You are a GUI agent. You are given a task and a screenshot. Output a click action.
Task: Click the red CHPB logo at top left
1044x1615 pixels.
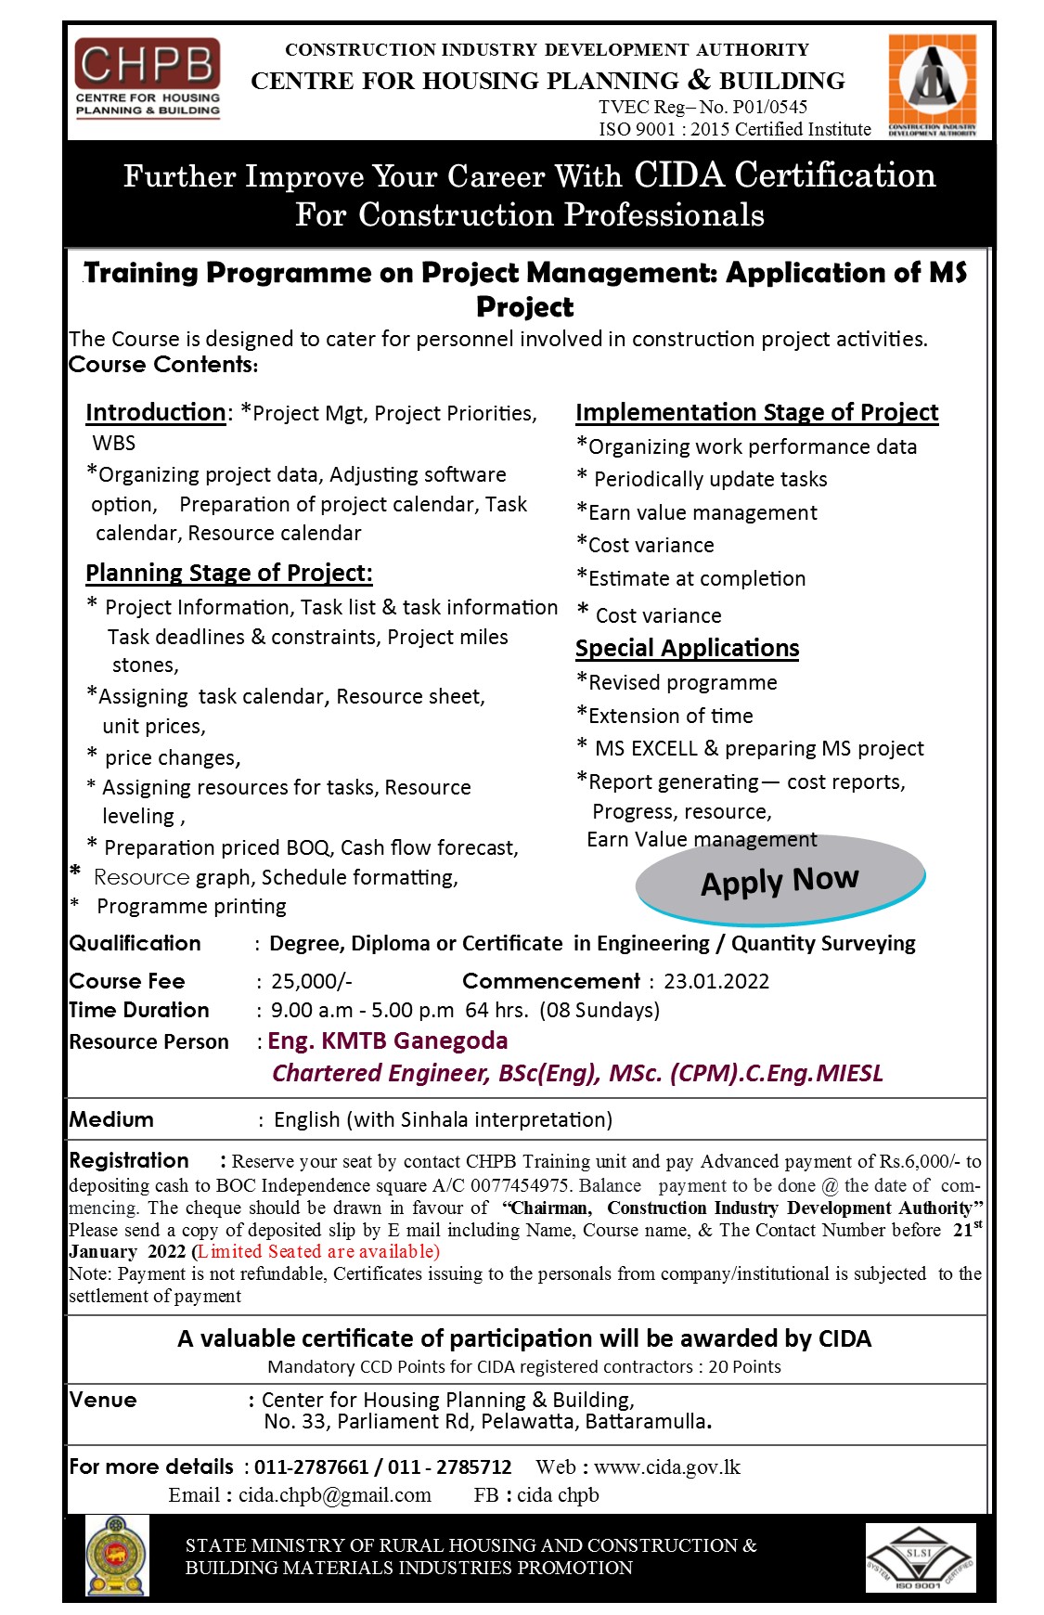[148, 78]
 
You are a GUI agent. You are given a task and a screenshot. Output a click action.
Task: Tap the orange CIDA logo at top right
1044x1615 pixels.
[932, 84]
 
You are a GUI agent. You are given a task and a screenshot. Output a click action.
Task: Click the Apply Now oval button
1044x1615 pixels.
[780, 880]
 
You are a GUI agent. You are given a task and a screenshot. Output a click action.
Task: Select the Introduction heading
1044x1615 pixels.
[155, 412]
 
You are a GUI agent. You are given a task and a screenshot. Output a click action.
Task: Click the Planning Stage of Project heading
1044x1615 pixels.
[228, 573]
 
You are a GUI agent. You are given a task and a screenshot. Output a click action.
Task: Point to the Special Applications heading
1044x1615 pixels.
[687, 648]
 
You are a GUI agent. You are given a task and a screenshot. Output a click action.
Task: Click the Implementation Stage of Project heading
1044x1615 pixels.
[756, 412]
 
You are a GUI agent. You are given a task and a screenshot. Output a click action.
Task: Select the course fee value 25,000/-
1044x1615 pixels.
[311, 981]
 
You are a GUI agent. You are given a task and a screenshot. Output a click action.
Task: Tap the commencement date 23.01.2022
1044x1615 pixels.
[715, 981]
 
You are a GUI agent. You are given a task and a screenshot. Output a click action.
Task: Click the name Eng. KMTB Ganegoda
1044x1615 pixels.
[387, 1040]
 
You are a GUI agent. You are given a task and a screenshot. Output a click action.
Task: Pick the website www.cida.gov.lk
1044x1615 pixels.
[666, 1466]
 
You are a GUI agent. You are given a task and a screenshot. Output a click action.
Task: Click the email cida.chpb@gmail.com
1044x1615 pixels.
[334, 1494]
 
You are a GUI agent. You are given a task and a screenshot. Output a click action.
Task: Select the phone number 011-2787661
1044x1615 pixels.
[311, 1466]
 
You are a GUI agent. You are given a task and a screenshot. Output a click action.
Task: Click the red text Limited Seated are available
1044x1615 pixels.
[316, 1251]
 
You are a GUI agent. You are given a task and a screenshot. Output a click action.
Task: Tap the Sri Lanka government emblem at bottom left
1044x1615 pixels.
[117, 1556]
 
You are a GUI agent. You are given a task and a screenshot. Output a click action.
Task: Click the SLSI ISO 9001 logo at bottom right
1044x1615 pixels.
[920, 1557]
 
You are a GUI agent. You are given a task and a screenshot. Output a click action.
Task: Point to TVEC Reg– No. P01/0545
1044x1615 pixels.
[702, 107]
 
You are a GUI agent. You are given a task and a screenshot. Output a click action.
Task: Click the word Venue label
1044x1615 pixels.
[103, 1400]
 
